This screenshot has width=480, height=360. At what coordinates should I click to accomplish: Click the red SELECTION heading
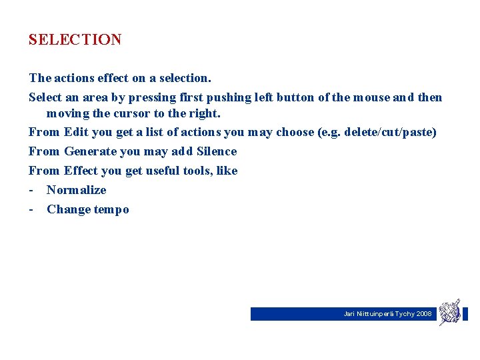coord(75,40)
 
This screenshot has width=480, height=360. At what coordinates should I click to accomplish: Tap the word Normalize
coord(76,190)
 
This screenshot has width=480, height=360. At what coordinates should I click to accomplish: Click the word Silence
coord(217,151)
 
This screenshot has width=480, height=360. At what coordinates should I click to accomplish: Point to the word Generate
coord(90,151)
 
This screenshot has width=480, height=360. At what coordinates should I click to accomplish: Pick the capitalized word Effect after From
coord(80,171)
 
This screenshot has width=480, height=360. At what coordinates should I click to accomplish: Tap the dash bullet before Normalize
coord(31,190)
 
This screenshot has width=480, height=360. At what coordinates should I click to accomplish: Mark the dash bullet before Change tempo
coord(31,209)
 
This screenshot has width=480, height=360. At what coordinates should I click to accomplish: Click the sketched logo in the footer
coord(449,312)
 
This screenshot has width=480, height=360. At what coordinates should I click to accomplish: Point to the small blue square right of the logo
coord(465,314)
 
